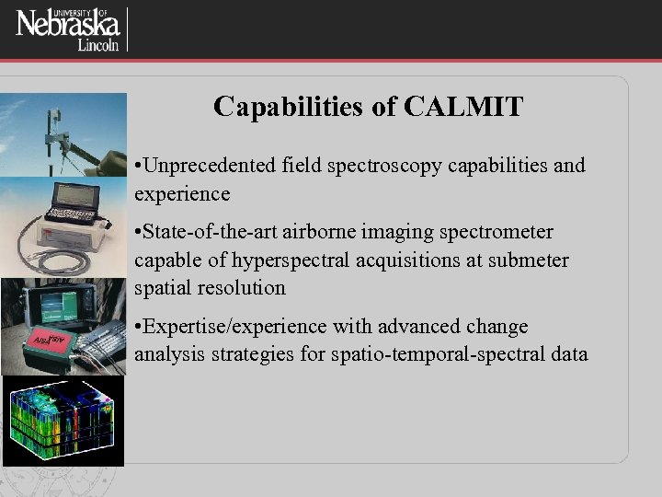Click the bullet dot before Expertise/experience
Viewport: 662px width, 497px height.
coord(138,328)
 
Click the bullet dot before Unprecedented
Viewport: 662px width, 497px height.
coord(138,167)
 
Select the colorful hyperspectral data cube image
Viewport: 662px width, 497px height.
coord(62,421)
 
